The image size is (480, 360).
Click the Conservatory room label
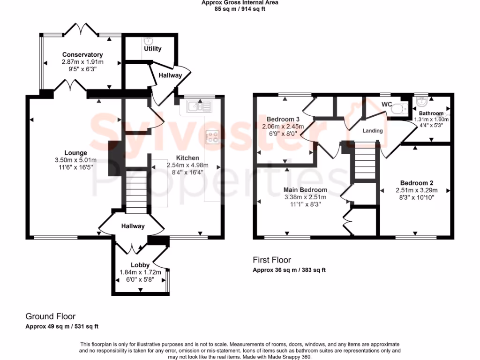tap(82, 55)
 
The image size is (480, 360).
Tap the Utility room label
tap(152, 48)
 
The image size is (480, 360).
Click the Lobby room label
tap(140, 265)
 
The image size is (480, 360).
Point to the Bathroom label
tap(431, 113)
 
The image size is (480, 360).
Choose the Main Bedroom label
tap(305, 190)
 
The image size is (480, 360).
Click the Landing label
tap(373, 131)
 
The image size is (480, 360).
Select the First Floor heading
tap(272, 260)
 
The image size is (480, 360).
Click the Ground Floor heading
tap(50, 317)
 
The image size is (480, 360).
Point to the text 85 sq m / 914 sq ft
tap(240, 8)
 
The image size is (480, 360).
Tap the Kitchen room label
tap(187, 158)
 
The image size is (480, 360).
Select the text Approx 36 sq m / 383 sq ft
tap(289, 270)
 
